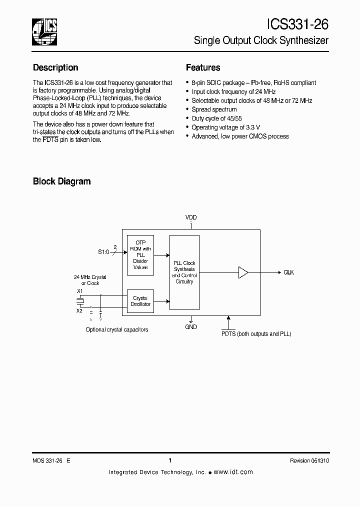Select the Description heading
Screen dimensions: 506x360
tap(55, 67)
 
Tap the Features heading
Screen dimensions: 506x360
tap(203, 67)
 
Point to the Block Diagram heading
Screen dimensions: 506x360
tap(61, 181)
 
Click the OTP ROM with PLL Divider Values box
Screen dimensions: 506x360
tap(140, 254)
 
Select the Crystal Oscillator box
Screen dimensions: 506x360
tap(140, 301)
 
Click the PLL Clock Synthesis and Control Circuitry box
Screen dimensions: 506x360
tap(184, 272)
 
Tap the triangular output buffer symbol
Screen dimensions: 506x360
tap(243, 272)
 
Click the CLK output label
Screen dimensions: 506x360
tap(288, 272)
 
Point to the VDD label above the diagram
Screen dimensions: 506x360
tap(191, 217)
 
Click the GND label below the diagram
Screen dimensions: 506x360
tap(191, 327)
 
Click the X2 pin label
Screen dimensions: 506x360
tap(79, 310)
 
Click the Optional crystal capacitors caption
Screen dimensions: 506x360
tap(117, 329)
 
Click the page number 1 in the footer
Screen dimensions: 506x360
tap(170, 460)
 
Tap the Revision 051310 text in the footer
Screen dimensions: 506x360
tap(309, 461)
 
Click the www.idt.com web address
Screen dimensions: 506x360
tap(233, 472)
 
